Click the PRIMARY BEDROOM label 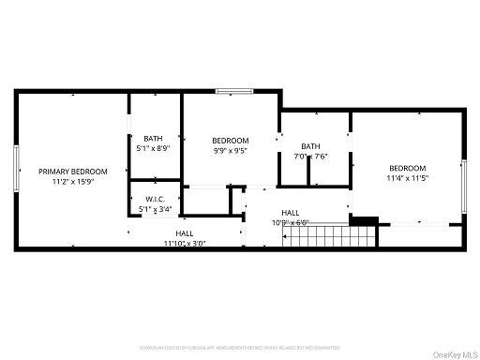[x=72, y=172]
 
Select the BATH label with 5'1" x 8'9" [x=153, y=139]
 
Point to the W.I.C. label [x=155, y=200]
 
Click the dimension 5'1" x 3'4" [x=155, y=209]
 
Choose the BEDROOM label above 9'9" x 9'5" [x=230, y=140]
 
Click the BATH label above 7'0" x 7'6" [x=310, y=146]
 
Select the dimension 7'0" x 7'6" [x=310, y=157]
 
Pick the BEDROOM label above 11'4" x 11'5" [x=407, y=168]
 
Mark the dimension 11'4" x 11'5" [x=407, y=177]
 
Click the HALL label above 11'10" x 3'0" [x=184, y=233]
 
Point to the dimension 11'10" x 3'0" [x=184, y=243]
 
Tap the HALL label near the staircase [x=290, y=213]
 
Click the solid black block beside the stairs [x=364, y=221]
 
